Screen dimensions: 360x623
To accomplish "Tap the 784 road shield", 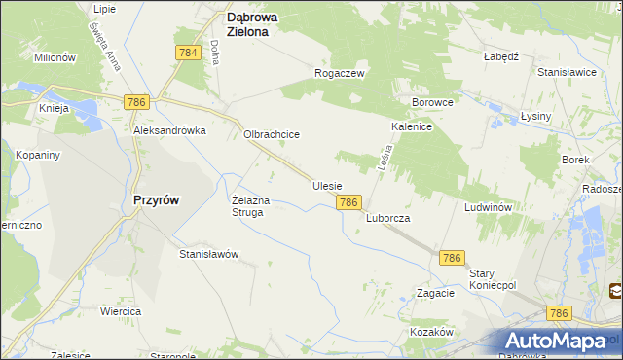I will point(189,53).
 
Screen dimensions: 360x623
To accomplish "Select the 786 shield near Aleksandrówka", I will point(135,101).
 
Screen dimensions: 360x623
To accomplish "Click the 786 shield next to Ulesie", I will point(349,201).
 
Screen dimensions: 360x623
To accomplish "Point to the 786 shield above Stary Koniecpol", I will point(451,257).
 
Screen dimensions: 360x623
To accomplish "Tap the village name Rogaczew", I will point(339,73).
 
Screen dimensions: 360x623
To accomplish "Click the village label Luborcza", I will point(388,219).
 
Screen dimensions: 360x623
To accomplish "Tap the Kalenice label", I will point(412,126).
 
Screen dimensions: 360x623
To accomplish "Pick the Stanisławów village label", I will point(209,254).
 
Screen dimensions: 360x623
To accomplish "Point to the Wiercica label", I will point(121,311).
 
